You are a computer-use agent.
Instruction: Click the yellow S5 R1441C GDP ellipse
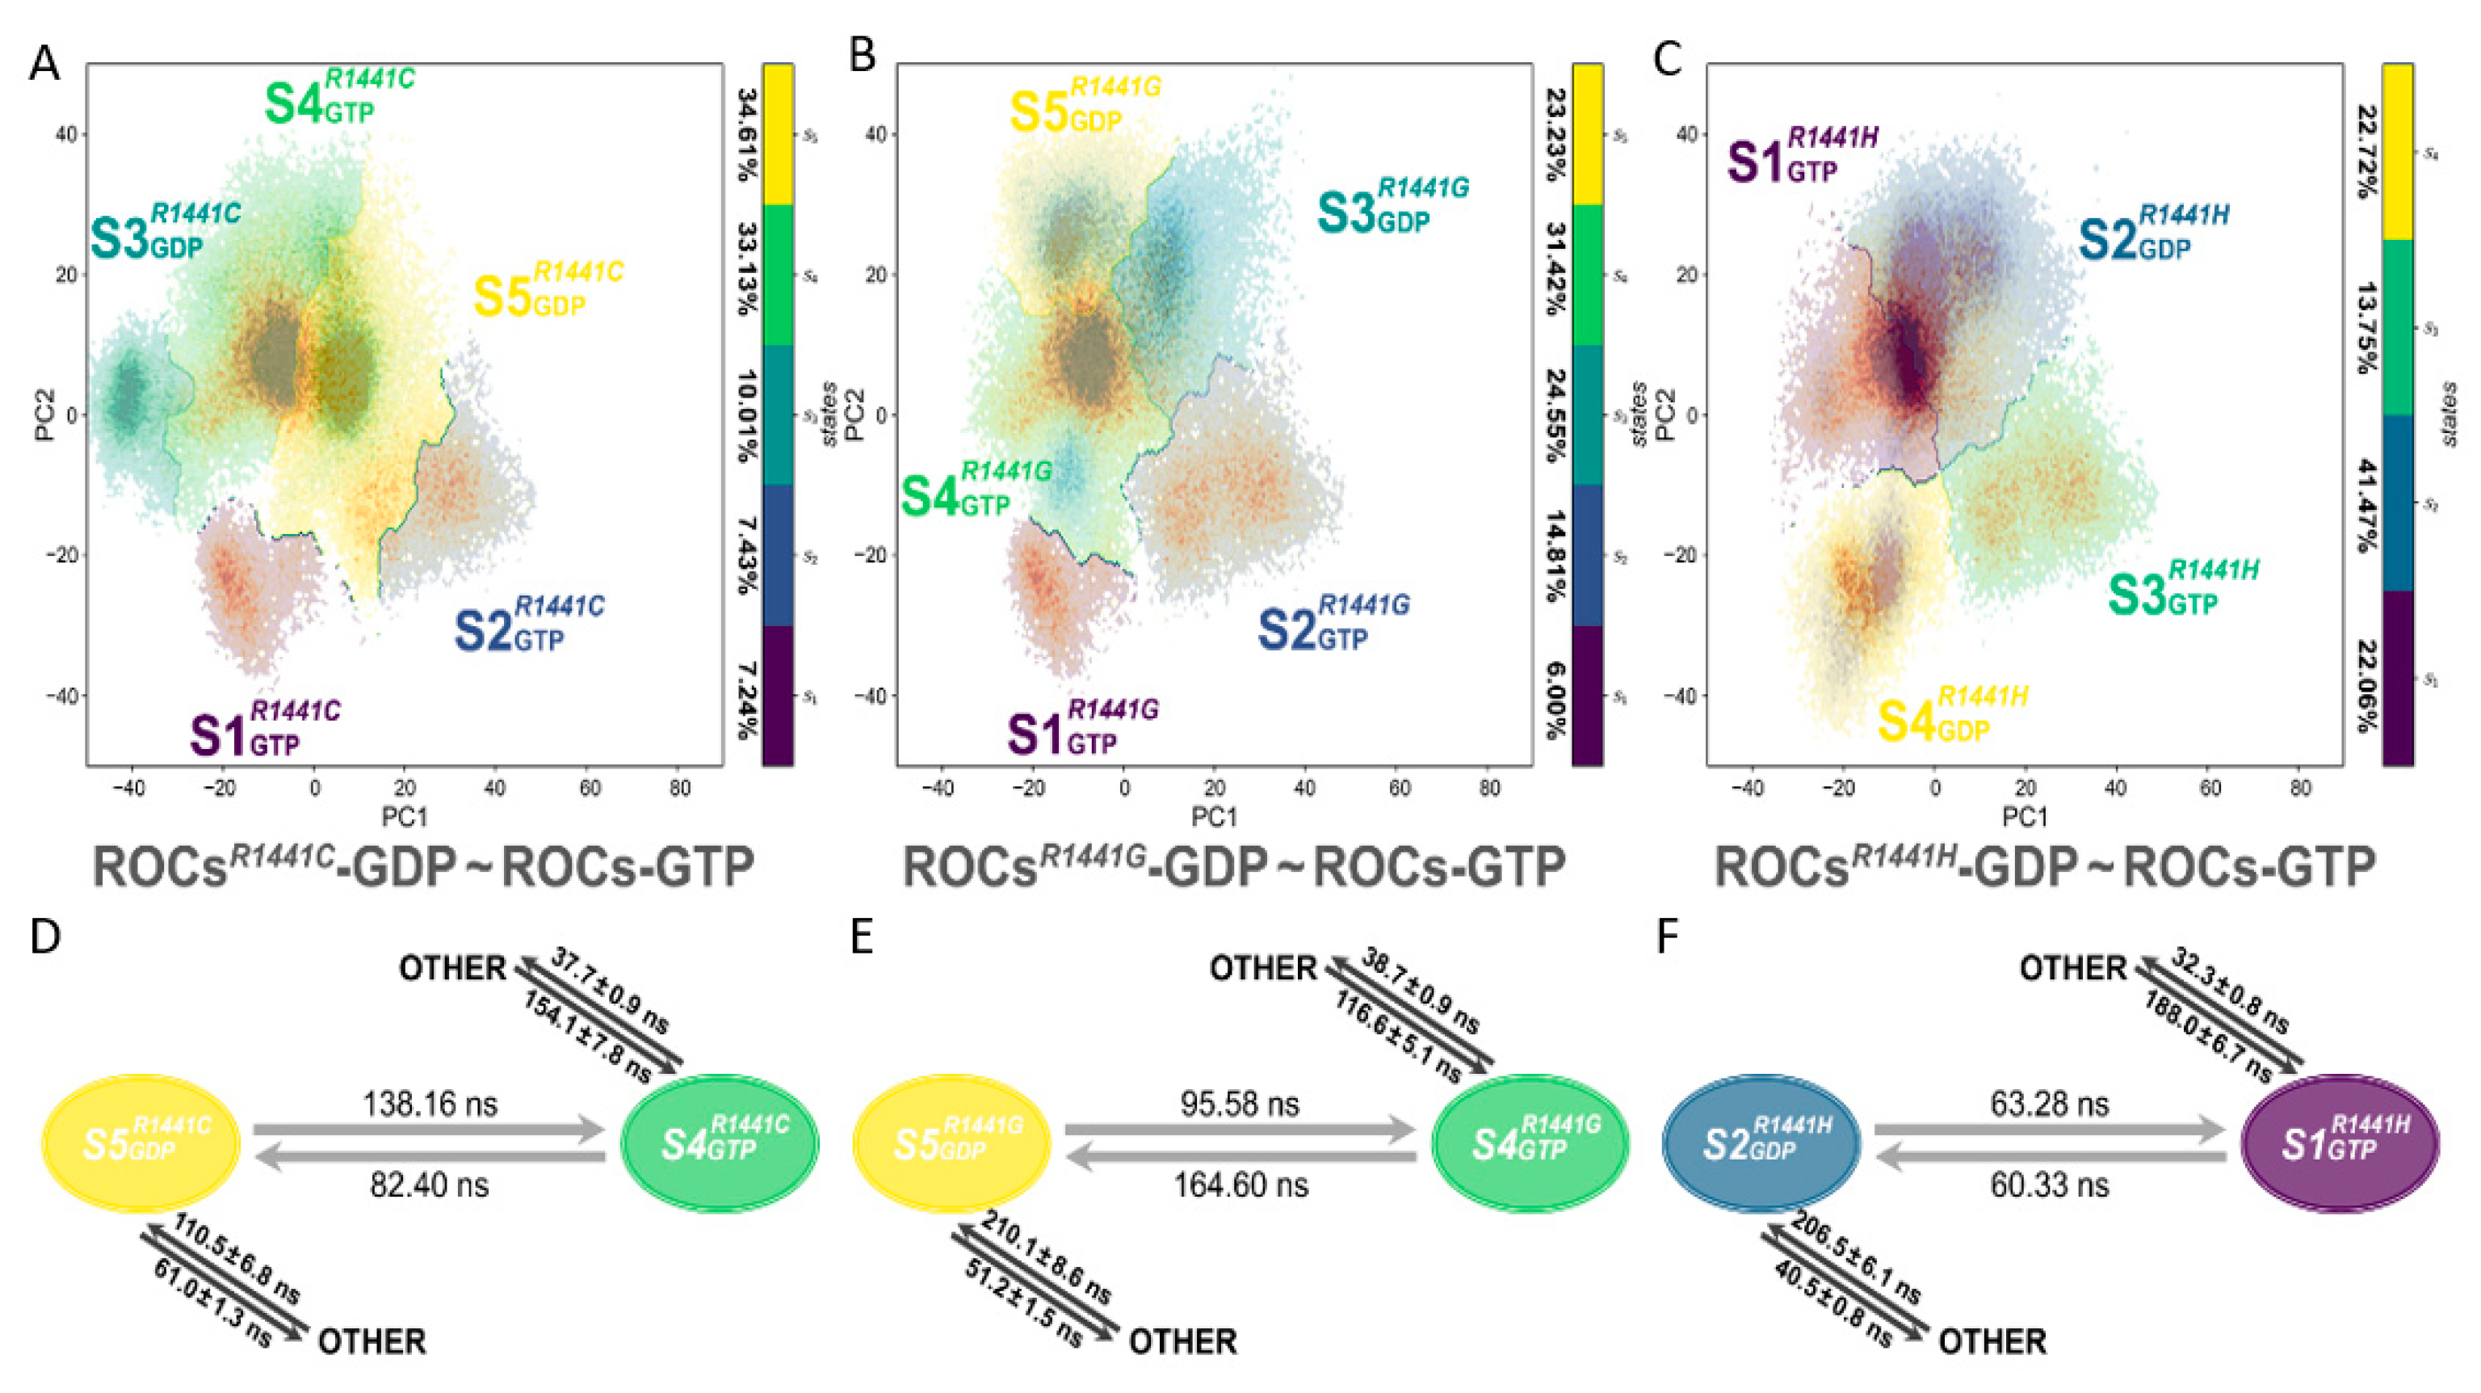click(x=141, y=1143)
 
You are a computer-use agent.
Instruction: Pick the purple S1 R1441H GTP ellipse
click(x=2340, y=1143)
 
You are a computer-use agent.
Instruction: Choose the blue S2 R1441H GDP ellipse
click(x=1761, y=1143)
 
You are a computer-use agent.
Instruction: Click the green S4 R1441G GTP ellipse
click(x=1530, y=1143)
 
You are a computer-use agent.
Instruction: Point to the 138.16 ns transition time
click(x=430, y=1103)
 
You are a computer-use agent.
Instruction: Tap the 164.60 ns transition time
click(x=1240, y=1184)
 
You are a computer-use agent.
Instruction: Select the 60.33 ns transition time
click(x=2050, y=1184)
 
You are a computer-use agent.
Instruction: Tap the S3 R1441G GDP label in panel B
click(x=1391, y=206)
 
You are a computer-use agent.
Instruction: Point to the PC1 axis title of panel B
click(x=1214, y=817)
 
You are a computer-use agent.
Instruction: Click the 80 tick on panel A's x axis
click(x=679, y=789)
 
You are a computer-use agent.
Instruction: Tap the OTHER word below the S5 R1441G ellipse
click(x=1182, y=1341)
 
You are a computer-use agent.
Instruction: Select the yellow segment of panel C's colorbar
click(x=2397, y=151)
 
